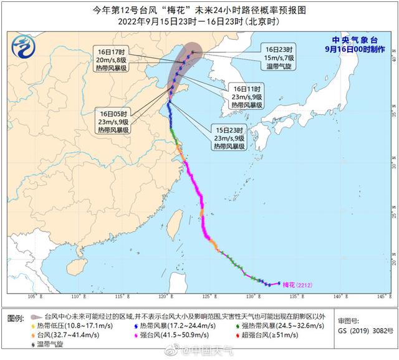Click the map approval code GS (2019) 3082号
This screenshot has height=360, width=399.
point(362,326)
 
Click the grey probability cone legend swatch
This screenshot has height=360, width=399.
point(37,317)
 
